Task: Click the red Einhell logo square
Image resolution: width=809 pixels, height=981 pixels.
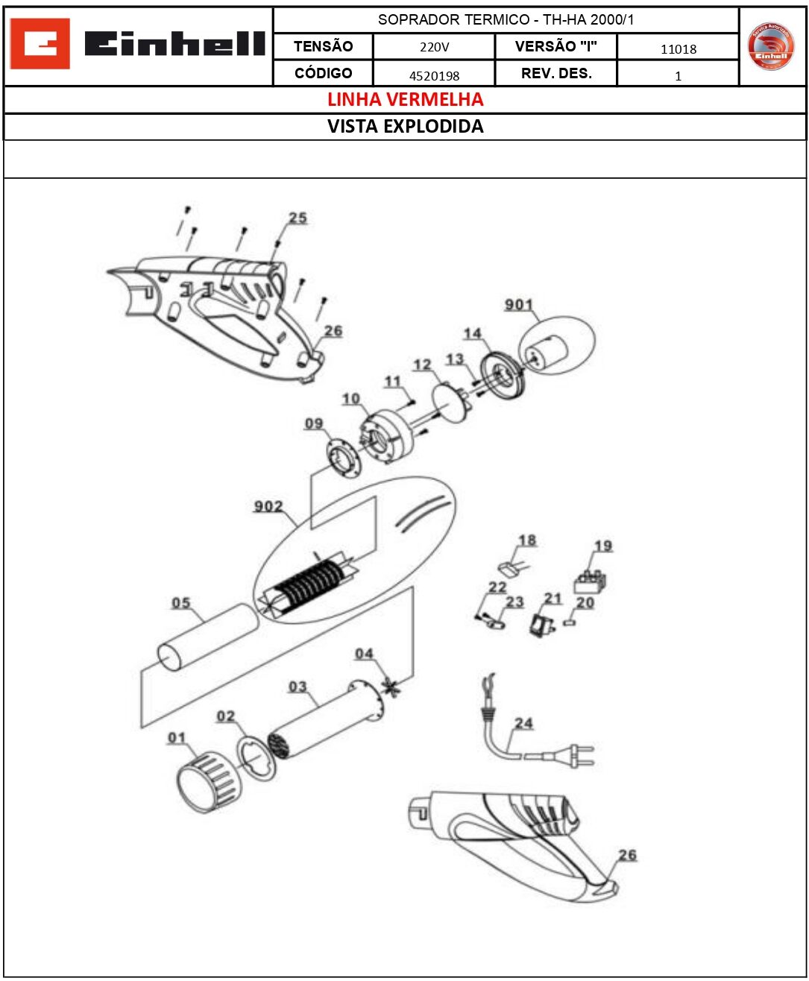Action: click(x=40, y=45)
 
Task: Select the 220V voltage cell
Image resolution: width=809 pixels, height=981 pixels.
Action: click(x=434, y=47)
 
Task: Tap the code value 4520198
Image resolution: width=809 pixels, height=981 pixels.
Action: click(x=434, y=75)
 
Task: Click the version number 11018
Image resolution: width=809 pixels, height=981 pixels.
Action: click(x=678, y=49)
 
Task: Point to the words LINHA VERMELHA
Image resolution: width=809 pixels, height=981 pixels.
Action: click(x=405, y=99)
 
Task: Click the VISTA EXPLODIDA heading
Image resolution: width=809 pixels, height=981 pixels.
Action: click(x=405, y=126)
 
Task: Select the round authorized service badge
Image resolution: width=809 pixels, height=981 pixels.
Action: click(x=771, y=46)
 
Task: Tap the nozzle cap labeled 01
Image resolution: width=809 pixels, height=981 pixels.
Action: click(x=207, y=781)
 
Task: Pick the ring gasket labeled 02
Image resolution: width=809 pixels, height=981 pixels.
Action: click(x=256, y=758)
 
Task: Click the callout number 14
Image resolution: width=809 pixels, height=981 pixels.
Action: click(x=472, y=334)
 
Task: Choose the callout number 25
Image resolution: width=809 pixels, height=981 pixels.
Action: click(x=298, y=218)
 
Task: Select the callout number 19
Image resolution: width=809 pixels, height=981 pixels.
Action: click(x=602, y=546)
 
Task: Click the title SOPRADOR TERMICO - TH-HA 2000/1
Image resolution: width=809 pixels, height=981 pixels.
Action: click(x=506, y=20)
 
